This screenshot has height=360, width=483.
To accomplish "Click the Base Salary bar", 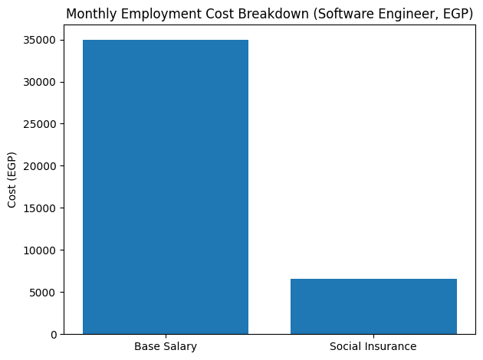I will pyautogui.click(x=165, y=187).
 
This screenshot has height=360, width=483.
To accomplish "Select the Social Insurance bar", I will pyautogui.click(x=373, y=306).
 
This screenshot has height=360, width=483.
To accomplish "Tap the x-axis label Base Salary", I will pyautogui.click(x=165, y=346).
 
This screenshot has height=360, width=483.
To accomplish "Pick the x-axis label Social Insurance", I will pyautogui.click(x=373, y=346).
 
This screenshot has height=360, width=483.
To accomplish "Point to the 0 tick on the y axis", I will pyautogui.click(x=53, y=334).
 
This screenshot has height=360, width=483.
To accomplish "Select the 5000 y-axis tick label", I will pyautogui.click(x=44, y=292).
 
